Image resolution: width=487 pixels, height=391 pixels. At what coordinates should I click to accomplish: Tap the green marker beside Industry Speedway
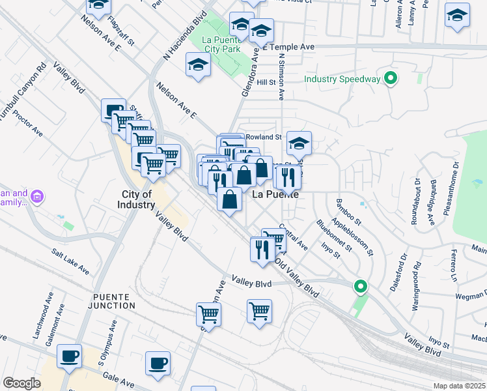coord(391,80)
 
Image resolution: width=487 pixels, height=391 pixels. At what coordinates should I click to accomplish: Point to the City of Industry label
coord(137,199)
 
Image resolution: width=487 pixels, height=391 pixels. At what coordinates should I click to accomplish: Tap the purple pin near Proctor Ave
coord(37,196)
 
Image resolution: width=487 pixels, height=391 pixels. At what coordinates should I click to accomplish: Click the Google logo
coord(21,383)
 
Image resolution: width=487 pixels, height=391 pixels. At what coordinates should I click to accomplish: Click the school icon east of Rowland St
coord(299,143)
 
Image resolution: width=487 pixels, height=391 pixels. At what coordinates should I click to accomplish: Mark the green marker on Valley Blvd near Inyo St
coord(359,286)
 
